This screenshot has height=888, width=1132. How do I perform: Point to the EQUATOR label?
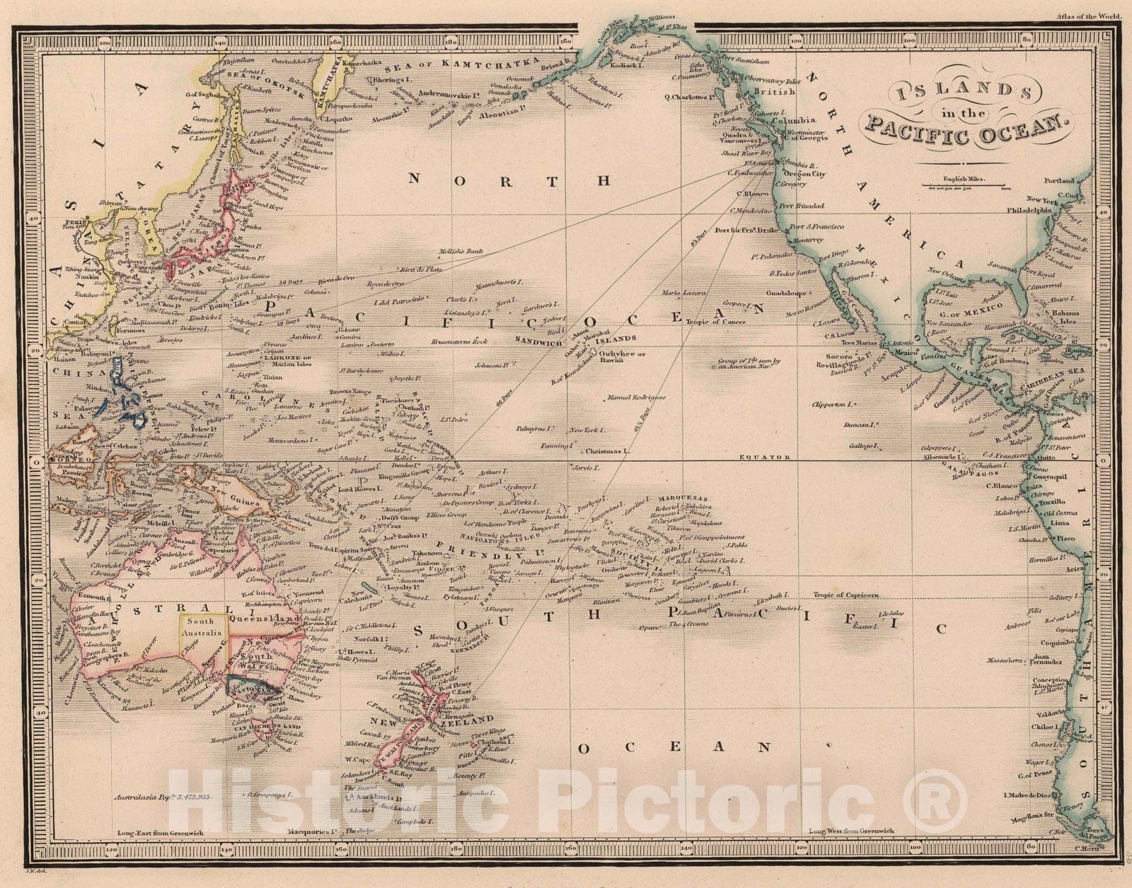[x=764, y=457]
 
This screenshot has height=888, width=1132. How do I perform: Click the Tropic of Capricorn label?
[x=845, y=595]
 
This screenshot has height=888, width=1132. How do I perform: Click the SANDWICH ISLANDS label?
[x=601, y=339]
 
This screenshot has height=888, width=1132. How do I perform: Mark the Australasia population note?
[x=167, y=796]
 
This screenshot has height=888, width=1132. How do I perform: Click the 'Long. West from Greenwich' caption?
[x=851, y=831]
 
